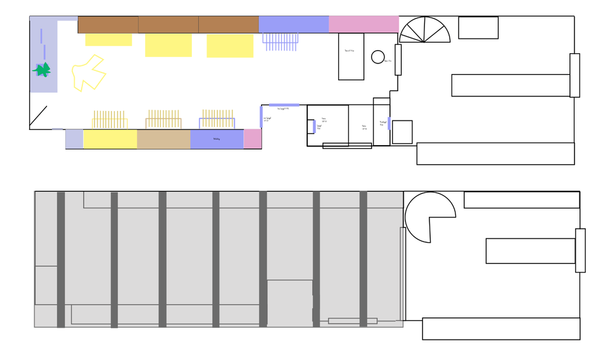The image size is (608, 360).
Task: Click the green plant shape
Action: coord(42,70)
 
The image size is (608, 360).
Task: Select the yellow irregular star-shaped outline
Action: coord(88,73)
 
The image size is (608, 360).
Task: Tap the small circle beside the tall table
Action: coord(377,57)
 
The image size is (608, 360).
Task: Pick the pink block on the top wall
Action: coord(364,24)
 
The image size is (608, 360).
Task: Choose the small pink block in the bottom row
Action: coord(253,139)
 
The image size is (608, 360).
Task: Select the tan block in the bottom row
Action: coord(163,139)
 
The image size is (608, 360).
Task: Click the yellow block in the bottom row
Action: coord(110,139)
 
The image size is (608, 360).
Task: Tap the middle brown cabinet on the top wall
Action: coord(168,24)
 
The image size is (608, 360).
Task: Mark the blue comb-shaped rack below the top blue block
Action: coord(281,42)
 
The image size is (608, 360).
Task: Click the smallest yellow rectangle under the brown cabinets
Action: coord(108,39)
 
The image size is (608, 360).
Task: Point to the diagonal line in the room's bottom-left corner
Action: coord(39,117)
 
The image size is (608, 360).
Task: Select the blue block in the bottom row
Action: coord(217,139)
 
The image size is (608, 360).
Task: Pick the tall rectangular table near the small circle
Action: coord(351,56)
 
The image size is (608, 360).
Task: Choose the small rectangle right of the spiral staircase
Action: coord(478,28)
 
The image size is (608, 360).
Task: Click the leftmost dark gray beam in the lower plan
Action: coord(61,259)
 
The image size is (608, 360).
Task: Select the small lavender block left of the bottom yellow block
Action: coord(74,139)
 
